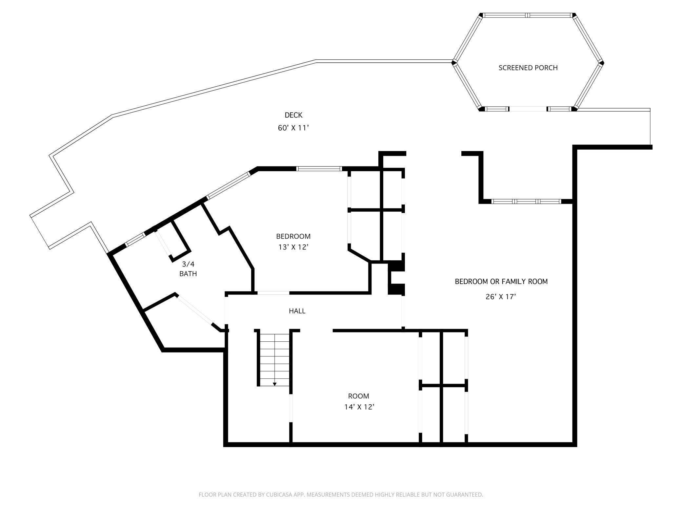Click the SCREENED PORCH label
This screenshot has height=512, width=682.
[528, 68]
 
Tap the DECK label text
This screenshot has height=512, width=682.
[293, 115]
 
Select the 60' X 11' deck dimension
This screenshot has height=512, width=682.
[293, 128]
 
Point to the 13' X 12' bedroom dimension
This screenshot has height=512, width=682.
[293, 247]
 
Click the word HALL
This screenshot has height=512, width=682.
[297, 311]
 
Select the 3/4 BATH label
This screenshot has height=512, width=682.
[188, 268]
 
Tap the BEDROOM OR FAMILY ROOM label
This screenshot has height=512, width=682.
[501, 281]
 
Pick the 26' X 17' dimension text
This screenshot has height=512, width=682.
[501, 297]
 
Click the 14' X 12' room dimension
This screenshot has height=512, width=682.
[359, 407]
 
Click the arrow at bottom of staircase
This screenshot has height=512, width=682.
[274, 384]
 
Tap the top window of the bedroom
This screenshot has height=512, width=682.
[319, 169]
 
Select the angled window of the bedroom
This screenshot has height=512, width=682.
[228, 185]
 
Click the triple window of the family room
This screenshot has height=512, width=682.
[526, 201]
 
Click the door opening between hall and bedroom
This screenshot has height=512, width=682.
[273, 293]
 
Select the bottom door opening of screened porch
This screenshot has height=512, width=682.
[528, 109]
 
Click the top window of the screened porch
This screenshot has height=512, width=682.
[528, 15]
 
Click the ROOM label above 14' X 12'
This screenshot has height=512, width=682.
[358, 396]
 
